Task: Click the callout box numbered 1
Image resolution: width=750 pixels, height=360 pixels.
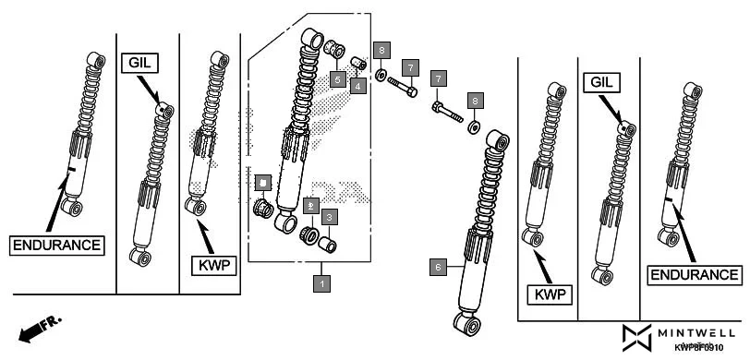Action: [321, 283]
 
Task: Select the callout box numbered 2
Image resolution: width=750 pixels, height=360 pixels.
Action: [312, 206]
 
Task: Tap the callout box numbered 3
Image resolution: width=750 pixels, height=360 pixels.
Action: [330, 218]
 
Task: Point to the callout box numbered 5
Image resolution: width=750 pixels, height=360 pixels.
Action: [339, 80]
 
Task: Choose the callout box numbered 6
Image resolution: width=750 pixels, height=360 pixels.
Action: [440, 267]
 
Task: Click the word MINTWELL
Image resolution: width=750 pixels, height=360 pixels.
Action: [699, 331]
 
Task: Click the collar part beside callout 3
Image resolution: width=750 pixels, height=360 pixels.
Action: [328, 245]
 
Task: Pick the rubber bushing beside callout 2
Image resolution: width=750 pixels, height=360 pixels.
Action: [309, 234]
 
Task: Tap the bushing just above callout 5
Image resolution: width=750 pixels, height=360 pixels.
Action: [339, 49]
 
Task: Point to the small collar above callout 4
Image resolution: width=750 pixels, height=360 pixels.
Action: [361, 64]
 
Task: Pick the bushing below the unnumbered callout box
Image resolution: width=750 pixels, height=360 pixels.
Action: [262, 207]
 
